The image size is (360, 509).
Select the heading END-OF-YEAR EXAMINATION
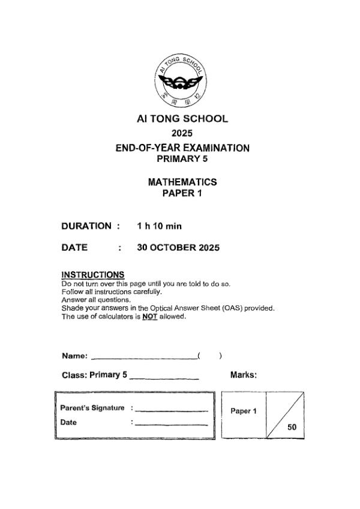(x=182, y=147)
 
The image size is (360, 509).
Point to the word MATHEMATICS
(x=182, y=182)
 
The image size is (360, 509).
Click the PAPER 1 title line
(x=182, y=193)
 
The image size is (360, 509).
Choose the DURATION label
(x=86, y=226)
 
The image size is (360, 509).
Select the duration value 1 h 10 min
(x=159, y=226)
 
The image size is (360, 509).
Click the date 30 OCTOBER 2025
(x=178, y=247)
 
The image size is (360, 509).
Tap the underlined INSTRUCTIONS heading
(x=93, y=275)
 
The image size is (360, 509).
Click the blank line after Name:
(x=144, y=358)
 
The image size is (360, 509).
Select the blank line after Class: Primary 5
(x=164, y=378)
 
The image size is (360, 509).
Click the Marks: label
(x=244, y=375)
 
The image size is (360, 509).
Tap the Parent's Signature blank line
(x=172, y=410)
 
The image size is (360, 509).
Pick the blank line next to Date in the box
(x=172, y=424)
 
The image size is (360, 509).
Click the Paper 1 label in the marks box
(x=244, y=411)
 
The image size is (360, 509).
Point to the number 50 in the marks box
(x=292, y=427)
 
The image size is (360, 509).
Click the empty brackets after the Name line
(x=210, y=356)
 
